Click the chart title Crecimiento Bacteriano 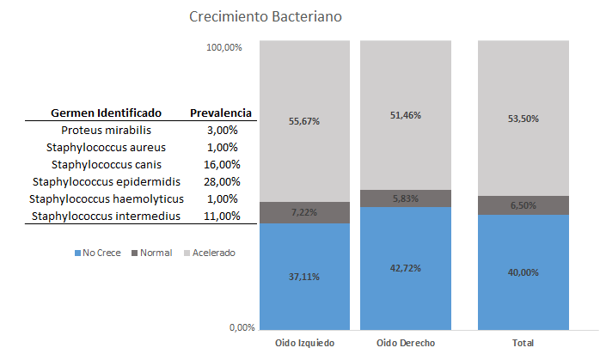pyautogui.click(x=269, y=17)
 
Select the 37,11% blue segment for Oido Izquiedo pyautogui.click(x=304, y=275)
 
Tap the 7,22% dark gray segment pyautogui.click(x=304, y=212)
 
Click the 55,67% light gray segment pyautogui.click(x=304, y=121)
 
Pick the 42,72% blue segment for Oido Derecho pyautogui.click(x=406, y=267)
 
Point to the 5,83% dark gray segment pyautogui.click(x=406, y=198)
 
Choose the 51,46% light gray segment pyautogui.click(x=406, y=115)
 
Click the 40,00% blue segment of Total pyautogui.click(x=523, y=272)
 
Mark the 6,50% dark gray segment pyautogui.click(x=523, y=205)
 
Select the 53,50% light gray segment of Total pyautogui.click(x=523, y=119)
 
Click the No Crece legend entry pyautogui.click(x=98, y=253)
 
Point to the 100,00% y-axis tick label pyautogui.click(x=224, y=47)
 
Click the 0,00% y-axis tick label pyautogui.click(x=230, y=327)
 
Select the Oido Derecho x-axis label pyautogui.click(x=406, y=343)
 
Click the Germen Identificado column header pyautogui.click(x=106, y=113)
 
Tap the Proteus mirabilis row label pyautogui.click(x=106, y=130)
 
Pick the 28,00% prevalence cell pyautogui.click(x=221, y=181)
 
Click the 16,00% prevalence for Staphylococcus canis pyautogui.click(x=221, y=164)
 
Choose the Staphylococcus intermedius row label pyautogui.click(x=106, y=216)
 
